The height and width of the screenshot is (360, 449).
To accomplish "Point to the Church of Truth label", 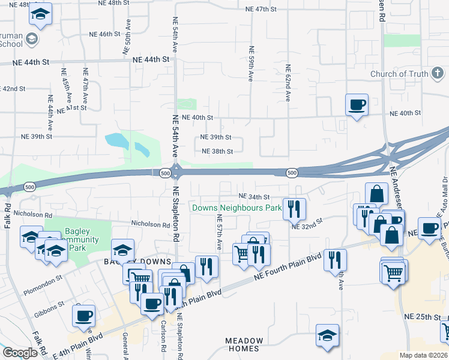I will [x=399, y=74].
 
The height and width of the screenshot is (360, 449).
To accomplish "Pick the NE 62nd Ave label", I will [x=288, y=83].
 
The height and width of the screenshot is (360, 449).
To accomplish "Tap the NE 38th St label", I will [x=217, y=151].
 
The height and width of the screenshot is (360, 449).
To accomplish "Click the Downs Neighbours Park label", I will [x=237, y=208].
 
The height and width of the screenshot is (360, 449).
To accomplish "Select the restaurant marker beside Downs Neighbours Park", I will [x=294, y=209].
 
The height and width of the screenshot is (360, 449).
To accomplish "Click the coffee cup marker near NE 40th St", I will [x=357, y=104].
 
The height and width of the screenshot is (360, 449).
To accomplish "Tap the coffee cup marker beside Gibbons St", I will [x=83, y=315].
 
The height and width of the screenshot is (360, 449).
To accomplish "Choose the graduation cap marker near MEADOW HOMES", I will [x=327, y=335].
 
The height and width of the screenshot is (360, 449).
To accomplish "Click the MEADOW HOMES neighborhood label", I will [x=244, y=344].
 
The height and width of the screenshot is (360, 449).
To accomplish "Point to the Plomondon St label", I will [x=43, y=279].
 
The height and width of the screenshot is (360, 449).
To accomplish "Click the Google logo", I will [x=20, y=353].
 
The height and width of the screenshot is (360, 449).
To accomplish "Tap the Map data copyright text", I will [x=423, y=355].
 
